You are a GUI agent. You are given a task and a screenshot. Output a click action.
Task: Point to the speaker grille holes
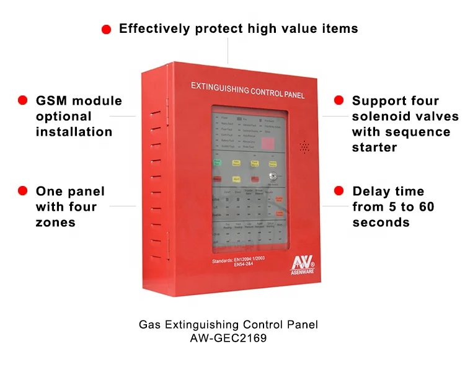[304, 147]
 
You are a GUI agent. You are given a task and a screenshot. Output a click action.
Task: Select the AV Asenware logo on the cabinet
[305, 262]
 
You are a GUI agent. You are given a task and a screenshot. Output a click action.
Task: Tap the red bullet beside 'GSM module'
[23, 100]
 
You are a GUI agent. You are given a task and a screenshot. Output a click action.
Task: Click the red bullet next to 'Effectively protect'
[106, 29]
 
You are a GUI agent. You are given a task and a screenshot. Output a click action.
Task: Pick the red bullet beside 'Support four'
[339, 100]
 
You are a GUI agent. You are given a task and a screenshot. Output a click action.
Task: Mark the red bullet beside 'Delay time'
[339, 191]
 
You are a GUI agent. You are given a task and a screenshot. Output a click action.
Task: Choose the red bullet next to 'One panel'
[23, 191]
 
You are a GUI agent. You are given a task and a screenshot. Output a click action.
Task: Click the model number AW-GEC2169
[228, 338]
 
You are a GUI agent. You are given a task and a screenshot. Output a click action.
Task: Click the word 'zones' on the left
[56, 222]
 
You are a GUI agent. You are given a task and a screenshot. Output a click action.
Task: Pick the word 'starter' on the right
[374, 147]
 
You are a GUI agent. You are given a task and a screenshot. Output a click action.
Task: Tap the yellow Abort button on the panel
[236, 163]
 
